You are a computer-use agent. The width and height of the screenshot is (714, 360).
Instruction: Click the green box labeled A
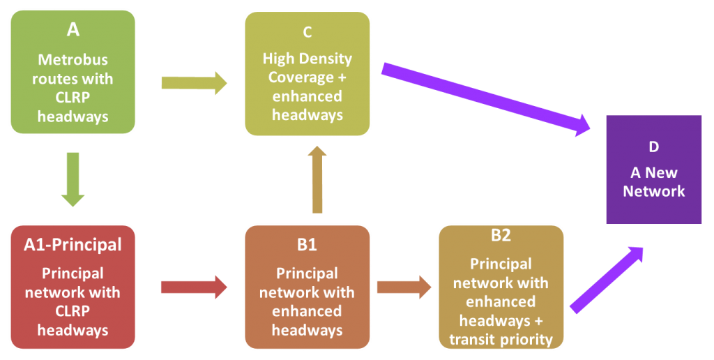pyautogui.click(x=73, y=72)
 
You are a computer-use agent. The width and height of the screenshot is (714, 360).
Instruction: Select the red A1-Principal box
pyautogui.click(x=73, y=287)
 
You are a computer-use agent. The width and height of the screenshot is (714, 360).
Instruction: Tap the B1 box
pyautogui.click(x=307, y=287)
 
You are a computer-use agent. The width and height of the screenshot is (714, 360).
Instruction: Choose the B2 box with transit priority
pyautogui.click(x=501, y=287)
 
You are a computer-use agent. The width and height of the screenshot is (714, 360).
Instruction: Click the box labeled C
pyautogui.click(x=307, y=73)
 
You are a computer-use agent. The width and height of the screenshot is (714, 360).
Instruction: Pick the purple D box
pyautogui.click(x=653, y=170)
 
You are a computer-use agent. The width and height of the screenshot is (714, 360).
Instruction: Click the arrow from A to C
pyautogui.click(x=194, y=83)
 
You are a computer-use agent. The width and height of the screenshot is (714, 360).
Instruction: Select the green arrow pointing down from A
pyautogui.click(x=73, y=179)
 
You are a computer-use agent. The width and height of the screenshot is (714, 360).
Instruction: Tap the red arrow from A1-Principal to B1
pyautogui.click(x=194, y=287)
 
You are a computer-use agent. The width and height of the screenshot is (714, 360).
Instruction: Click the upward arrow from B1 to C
pyautogui.click(x=317, y=180)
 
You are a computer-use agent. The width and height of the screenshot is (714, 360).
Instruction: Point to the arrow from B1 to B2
pyautogui.click(x=404, y=287)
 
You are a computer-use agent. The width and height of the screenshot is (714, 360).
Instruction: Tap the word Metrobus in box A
pyautogui.click(x=73, y=60)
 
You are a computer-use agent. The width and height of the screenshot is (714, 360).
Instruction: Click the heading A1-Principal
pyautogui.click(x=73, y=245)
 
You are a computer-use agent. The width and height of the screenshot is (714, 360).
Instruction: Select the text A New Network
pyautogui.click(x=653, y=181)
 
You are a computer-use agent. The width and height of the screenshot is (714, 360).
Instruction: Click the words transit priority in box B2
pyautogui.click(x=501, y=340)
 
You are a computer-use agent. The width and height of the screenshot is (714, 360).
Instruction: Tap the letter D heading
pyautogui.click(x=653, y=147)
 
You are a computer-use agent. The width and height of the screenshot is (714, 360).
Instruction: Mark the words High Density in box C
pyautogui.click(x=307, y=59)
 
